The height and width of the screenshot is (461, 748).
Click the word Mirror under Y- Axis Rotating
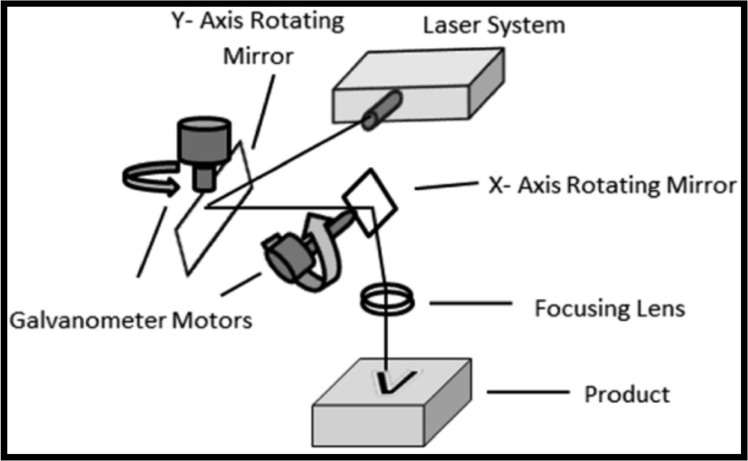(257, 57)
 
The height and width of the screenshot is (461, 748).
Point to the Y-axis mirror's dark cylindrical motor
(204, 145)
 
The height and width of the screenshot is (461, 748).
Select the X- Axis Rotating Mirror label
(611, 186)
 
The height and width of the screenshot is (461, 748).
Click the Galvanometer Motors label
(130, 321)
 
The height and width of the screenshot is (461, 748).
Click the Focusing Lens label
(609, 309)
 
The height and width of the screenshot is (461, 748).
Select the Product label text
(626, 394)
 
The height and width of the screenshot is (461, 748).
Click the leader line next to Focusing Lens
(470, 304)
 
